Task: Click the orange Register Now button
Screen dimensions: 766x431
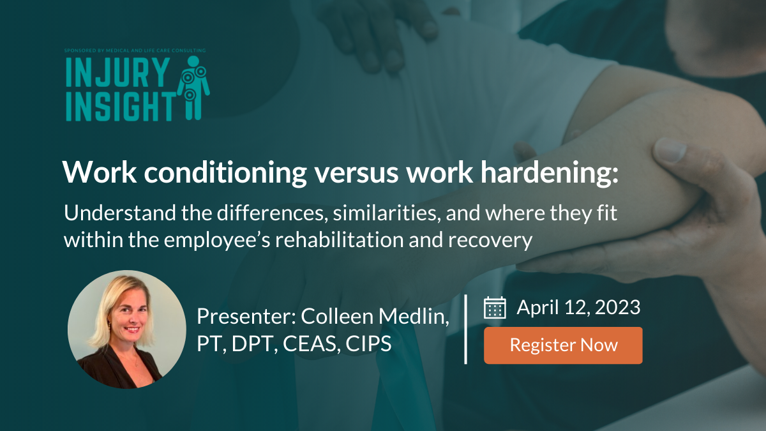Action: point(563,345)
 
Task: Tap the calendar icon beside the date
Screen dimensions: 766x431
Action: point(495,308)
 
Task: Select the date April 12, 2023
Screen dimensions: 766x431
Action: point(578,307)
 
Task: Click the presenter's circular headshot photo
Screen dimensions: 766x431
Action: point(127,329)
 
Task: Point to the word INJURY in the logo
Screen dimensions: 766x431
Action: point(117,73)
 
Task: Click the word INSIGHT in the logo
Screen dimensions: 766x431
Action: point(121,106)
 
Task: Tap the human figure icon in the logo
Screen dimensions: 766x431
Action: point(193,88)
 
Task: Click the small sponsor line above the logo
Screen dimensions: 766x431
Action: point(135,50)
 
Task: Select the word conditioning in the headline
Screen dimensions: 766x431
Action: point(225,173)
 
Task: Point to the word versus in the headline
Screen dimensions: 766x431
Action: point(356,174)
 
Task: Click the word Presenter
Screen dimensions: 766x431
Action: point(246,317)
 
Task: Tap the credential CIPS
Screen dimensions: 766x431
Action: point(368,344)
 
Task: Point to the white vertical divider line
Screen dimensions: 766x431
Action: point(466,329)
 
